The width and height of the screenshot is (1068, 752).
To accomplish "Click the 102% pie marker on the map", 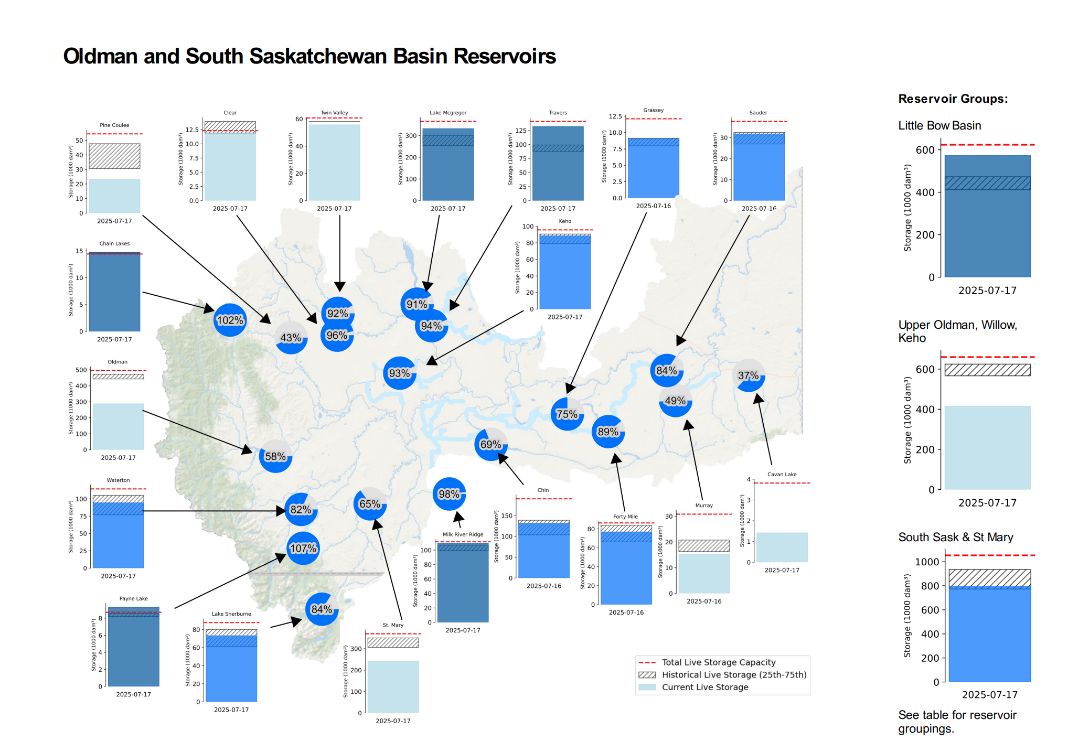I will pos(230,320).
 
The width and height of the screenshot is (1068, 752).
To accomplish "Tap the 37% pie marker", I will pos(749,375).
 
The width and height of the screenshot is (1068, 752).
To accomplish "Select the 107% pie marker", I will pos(303,548).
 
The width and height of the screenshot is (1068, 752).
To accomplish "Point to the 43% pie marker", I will pos(291,338).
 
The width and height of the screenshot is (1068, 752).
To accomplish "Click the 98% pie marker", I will pos(449,493).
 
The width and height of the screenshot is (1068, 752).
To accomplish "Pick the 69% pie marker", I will pos(490,444).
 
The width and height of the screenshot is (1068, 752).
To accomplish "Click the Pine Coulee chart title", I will pos(114,125).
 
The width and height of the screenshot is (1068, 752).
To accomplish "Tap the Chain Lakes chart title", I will pos(114,243).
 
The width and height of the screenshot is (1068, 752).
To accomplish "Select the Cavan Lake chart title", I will pos(782,474).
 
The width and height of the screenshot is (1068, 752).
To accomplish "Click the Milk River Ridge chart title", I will pos(463,534).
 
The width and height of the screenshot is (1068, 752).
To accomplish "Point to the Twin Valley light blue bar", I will pos(334,163).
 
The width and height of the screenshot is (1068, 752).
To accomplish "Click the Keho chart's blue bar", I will pos(565,275).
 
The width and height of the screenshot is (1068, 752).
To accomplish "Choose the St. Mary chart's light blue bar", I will pos(393,686).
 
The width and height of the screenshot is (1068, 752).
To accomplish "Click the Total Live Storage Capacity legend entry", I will pos(718,662).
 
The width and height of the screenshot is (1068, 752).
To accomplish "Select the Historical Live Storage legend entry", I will pos(734,675).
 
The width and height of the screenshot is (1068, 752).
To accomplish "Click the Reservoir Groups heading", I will pos(953,99).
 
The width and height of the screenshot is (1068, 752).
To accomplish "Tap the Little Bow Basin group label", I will pos(939,126).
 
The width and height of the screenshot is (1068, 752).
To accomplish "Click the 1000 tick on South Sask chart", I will pos(926,562).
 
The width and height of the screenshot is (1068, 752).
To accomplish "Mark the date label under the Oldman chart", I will pos(118,458).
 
